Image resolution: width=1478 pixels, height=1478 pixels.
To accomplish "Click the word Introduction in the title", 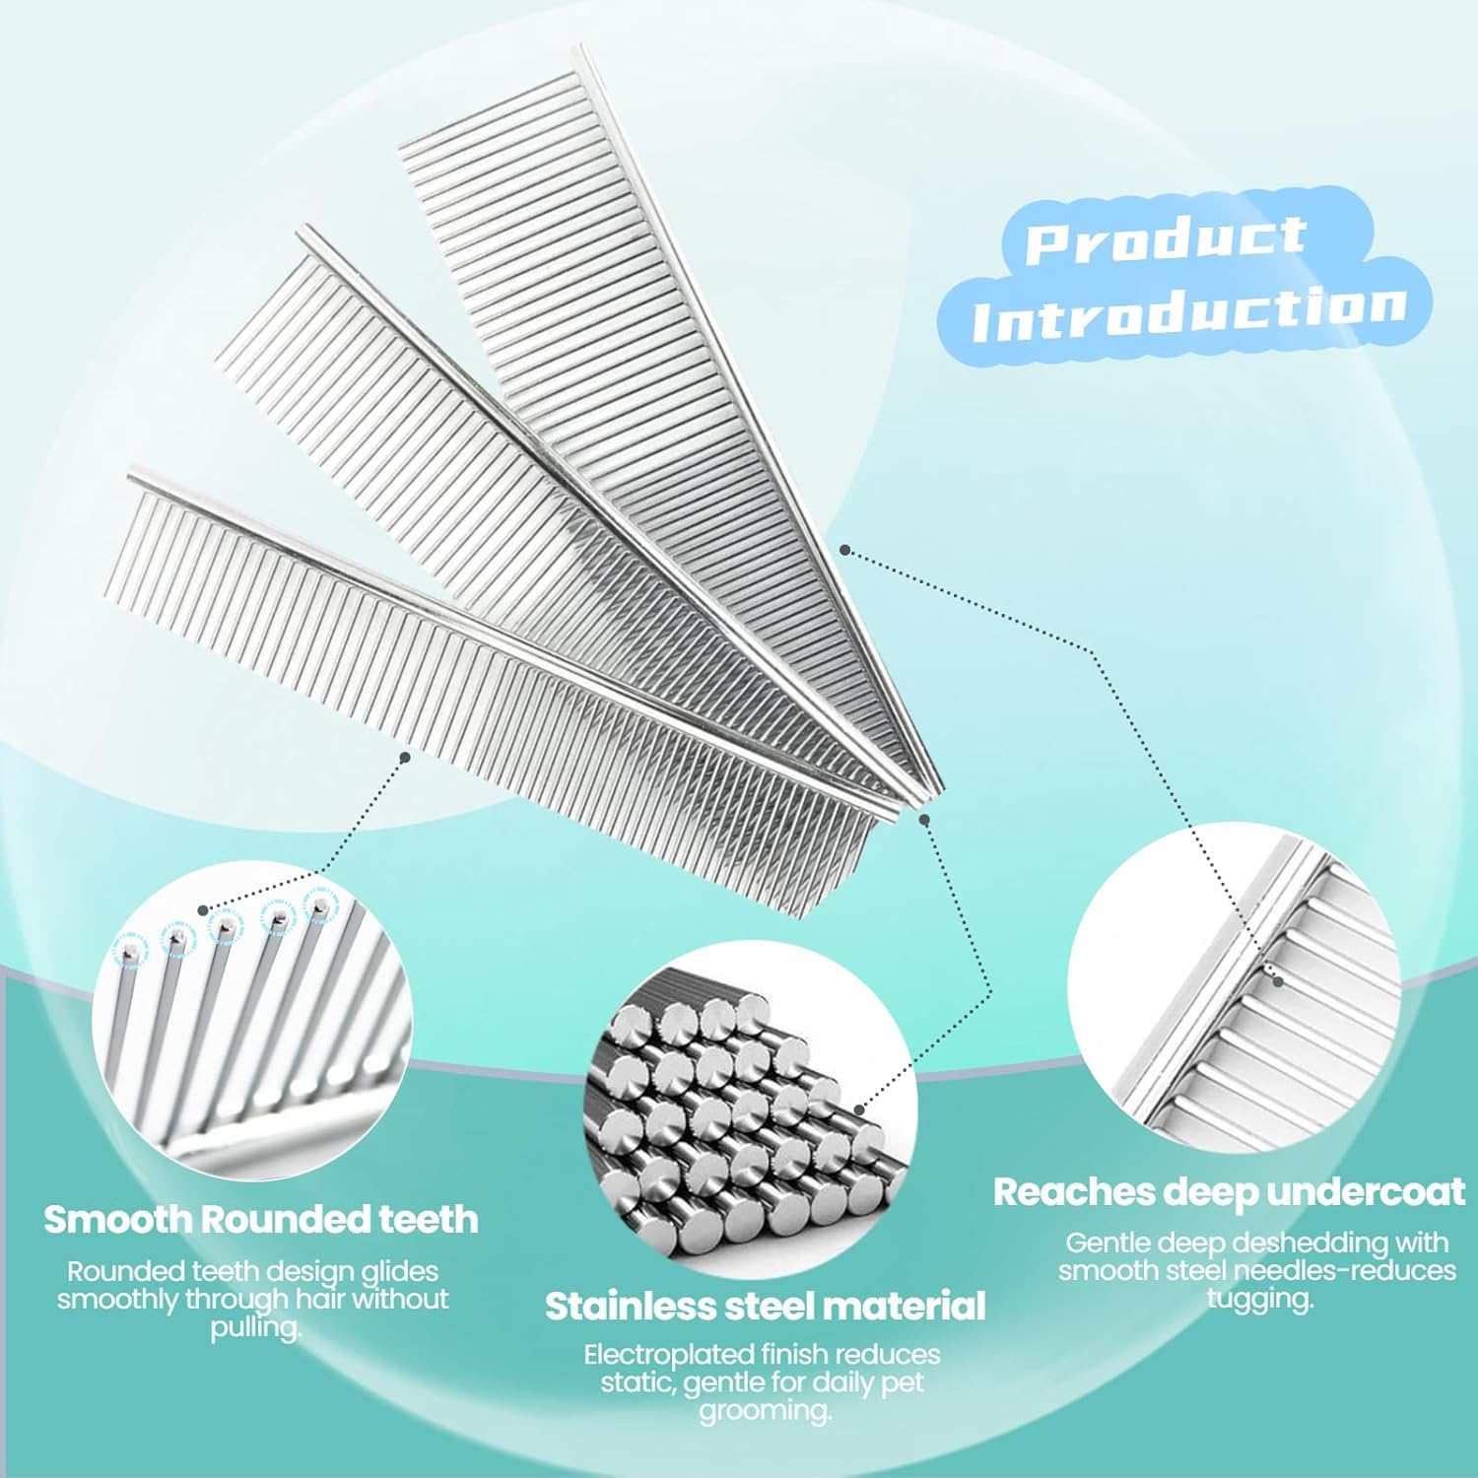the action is [x=1188, y=313].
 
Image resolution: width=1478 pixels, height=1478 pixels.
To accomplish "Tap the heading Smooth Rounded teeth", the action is [x=261, y=1220].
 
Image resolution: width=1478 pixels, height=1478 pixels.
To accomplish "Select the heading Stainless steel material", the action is [x=766, y=1307].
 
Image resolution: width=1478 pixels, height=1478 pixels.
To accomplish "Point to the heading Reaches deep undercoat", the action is [x=1229, y=1192].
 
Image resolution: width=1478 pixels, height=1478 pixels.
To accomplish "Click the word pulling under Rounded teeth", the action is [x=256, y=1328].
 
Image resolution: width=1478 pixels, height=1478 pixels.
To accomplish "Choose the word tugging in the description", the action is [x=1260, y=1299].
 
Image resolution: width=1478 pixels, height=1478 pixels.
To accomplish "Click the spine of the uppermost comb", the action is [x=759, y=418].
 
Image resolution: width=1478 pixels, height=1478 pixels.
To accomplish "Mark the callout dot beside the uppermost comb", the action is [x=843, y=549].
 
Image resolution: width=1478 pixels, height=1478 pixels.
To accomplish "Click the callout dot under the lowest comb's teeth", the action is [x=404, y=757].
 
